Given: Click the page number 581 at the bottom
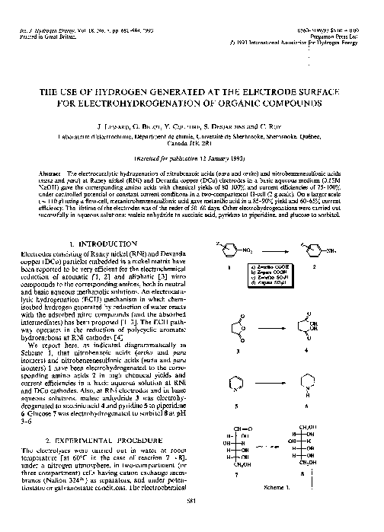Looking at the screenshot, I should tap(190, 522).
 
